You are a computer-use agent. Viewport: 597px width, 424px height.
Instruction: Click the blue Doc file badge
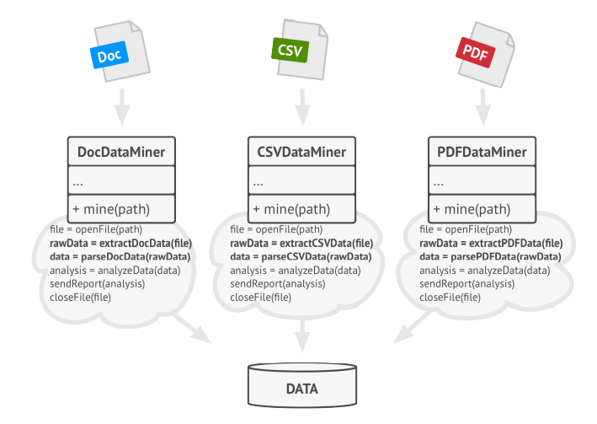coord(109,56)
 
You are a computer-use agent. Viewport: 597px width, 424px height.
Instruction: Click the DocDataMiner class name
coord(120,153)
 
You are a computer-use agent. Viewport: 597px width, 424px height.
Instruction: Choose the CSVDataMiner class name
coord(301,153)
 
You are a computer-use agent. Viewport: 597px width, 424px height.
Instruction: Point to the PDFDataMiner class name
coord(482,153)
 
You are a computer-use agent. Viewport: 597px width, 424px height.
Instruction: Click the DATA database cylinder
coord(301,389)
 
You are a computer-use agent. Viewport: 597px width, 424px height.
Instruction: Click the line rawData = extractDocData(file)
coord(126,243)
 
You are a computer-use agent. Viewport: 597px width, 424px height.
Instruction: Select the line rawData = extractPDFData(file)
coord(490,243)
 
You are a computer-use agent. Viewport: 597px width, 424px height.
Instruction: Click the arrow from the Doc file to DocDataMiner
coord(121,105)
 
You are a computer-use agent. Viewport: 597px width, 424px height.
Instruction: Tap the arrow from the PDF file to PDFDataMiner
coord(482,105)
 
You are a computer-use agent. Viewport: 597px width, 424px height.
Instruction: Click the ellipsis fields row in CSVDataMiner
coord(301,181)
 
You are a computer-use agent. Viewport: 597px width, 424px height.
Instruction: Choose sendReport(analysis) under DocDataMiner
coord(98,284)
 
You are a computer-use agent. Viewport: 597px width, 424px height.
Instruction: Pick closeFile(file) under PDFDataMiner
coord(450,298)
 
